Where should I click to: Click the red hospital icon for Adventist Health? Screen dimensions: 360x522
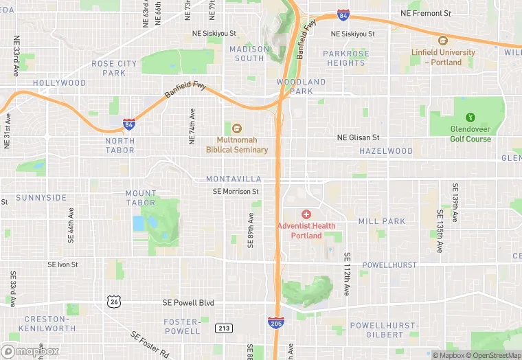306,214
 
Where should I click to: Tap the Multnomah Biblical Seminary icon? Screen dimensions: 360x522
237,128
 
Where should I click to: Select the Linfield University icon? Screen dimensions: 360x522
443,41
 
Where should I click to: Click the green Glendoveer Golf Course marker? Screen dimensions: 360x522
470,117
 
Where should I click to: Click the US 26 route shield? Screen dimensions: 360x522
115,301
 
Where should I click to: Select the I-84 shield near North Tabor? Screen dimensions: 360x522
128,124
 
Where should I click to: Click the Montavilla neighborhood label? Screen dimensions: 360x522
234,179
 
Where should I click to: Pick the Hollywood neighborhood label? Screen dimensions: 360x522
60,83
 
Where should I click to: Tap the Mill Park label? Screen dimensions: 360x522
382,221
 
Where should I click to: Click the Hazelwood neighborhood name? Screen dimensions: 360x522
386,151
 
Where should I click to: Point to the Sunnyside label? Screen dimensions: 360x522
41,198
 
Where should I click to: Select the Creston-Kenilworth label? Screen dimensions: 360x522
49,324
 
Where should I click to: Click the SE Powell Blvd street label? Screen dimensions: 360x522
189,302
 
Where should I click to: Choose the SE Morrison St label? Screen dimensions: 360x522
236,192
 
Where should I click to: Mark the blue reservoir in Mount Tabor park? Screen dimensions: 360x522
139,223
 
